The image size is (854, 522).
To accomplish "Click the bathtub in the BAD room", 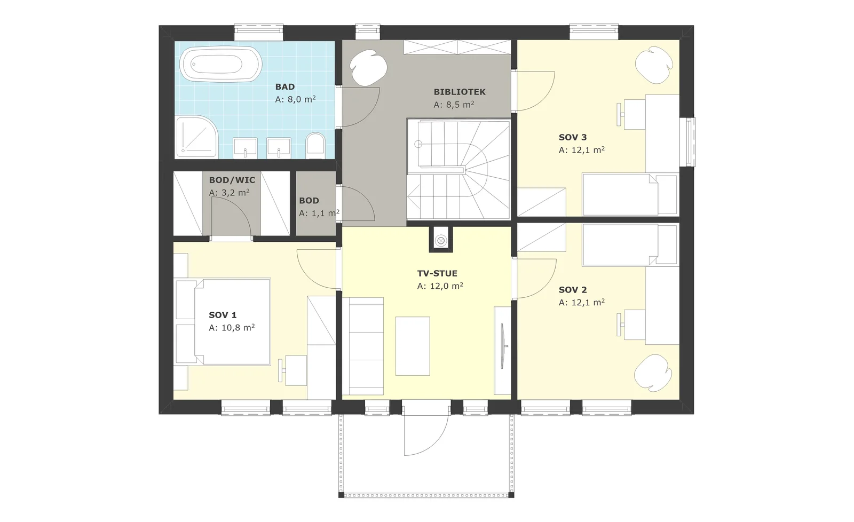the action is coord(221,64).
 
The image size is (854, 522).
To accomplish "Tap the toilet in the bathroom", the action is coord(315,145).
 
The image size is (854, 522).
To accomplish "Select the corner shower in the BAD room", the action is coord(196,137).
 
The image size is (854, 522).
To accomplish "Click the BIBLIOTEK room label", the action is coord(460,92).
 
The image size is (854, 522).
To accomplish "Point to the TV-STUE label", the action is coord(437,273).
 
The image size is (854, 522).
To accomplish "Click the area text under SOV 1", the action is coord(232,328).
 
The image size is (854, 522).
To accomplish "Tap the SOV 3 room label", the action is coord(573,137).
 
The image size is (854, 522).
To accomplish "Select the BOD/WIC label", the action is coord(232,180).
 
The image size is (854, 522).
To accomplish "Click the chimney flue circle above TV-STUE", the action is coord(441,241).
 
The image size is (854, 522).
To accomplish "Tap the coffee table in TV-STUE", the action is coord(413,346).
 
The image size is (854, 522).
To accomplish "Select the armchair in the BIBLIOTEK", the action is coord(368,67).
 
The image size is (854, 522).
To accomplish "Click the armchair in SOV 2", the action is coord(653,373).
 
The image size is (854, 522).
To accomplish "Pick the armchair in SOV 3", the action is coord(654,65).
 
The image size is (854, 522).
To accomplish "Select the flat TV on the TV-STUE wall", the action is coord(504,346).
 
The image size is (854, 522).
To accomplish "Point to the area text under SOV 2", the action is coord(581,303).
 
